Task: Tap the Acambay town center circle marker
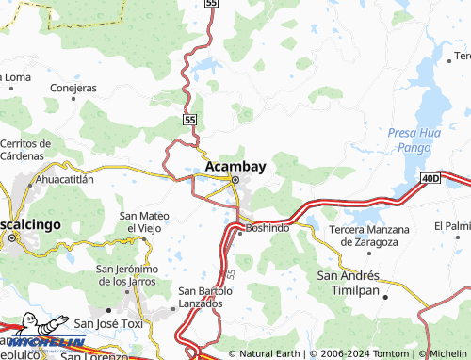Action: pyautogui.click(x=235, y=180)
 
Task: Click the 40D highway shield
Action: pyautogui.click(x=430, y=177)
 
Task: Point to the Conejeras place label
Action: pyautogui.click(x=73, y=88)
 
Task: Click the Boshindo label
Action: pyautogui.click(x=268, y=228)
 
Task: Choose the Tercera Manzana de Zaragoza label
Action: pyautogui.click(x=369, y=236)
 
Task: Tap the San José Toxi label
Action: pyautogui.click(x=108, y=323)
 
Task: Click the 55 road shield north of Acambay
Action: pyautogui.click(x=190, y=120)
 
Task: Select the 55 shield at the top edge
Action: pyautogui.click(x=210, y=4)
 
